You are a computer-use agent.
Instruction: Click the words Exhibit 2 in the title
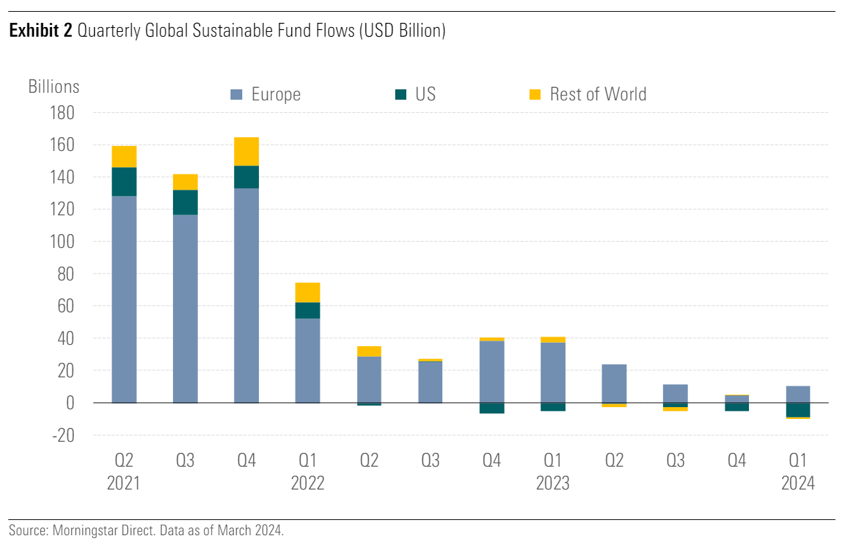point(40,31)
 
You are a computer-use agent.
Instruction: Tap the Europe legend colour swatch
point(236,95)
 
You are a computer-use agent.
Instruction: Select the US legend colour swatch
point(400,95)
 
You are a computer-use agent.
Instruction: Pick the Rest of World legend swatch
point(534,95)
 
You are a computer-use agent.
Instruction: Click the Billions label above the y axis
point(54,87)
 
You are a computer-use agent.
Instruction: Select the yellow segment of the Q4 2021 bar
point(246,152)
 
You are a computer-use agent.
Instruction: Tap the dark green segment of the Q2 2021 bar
point(124,181)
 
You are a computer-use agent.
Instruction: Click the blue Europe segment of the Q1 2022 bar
point(307,360)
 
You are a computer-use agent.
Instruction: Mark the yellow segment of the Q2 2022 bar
point(369,351)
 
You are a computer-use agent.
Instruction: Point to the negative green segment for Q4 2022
point(491,408)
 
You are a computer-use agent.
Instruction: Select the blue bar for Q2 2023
point(614,384)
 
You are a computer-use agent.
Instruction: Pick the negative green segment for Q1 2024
point(797,410)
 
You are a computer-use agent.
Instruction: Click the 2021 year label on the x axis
point(124,483)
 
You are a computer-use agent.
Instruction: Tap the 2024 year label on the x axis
point(797,483)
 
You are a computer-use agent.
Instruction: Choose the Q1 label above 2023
point(552,460)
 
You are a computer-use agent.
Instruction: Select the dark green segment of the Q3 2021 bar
point(185,202)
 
